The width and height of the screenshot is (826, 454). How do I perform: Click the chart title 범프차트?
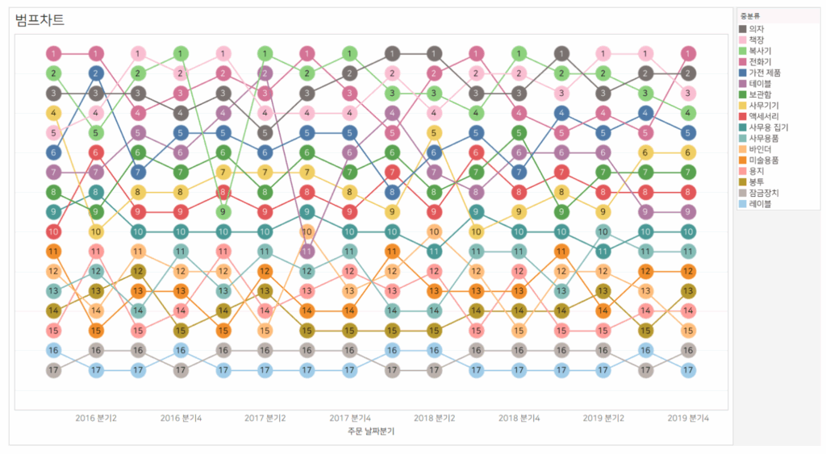tap(40, 19)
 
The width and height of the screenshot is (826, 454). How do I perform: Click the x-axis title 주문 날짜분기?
tap(371, 431)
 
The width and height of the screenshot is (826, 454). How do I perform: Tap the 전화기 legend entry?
tap(761, 61)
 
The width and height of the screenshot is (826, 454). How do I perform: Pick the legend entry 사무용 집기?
tap(768, 127)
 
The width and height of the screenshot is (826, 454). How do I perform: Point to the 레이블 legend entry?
tap(761, 204)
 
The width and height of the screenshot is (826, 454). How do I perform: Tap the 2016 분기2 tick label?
tap(96, 418)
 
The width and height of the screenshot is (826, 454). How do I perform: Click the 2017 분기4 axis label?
tap(350, 418)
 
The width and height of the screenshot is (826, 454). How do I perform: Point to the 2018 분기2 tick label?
tap(435, 418)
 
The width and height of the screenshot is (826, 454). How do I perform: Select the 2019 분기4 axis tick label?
tap(688, 418)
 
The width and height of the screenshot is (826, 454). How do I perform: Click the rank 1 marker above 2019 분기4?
tap(688, 54)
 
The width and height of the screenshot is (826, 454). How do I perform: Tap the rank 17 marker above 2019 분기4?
tap(688, 370)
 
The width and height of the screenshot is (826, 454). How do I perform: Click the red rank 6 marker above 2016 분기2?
tap(96, 152)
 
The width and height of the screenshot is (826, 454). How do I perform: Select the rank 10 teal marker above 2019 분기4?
tap(688, 231)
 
